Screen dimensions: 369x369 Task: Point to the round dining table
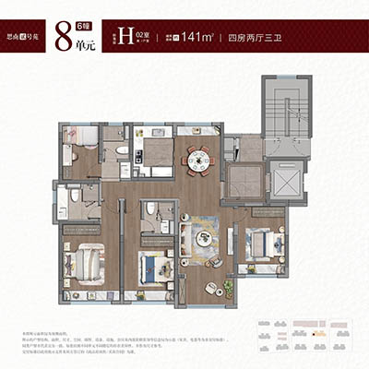pyautogui.click(x=198, y=161)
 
